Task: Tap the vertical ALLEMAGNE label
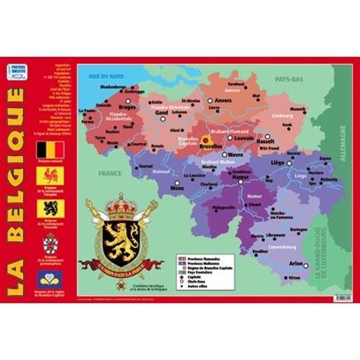[342, 140]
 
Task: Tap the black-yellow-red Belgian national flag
[50, 150]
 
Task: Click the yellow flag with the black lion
[50, 209]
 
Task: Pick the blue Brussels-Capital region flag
[50, 277]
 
